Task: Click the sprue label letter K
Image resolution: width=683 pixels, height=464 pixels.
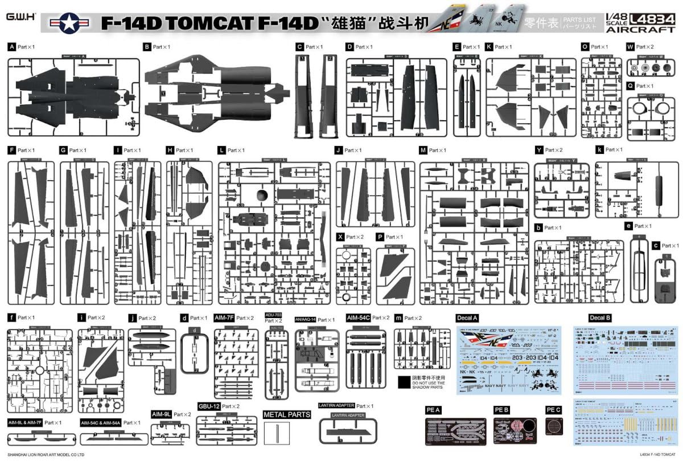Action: pyautogui.click(x=489, y=47)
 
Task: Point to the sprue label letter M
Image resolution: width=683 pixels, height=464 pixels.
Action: pyautogui.click(x=423, y=150)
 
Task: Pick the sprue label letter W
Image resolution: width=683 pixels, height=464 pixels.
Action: pyautogui.click(x=629, y=47)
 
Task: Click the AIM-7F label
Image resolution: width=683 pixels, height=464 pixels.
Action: pyautogui.click(x=224, y=318)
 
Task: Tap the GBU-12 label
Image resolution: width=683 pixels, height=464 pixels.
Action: pyautogui.click(x=208, y=406)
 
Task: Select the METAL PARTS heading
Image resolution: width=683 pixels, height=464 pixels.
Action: pyautogui.click(x=287, y=414)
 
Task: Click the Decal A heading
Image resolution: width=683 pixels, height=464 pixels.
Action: pyautogui.click(x=467, y=318)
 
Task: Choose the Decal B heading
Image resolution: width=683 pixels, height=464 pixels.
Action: pyautogui.click(x=599, y=318)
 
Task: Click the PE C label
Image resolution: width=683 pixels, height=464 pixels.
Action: pyautogui.click(x=553, y=410)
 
